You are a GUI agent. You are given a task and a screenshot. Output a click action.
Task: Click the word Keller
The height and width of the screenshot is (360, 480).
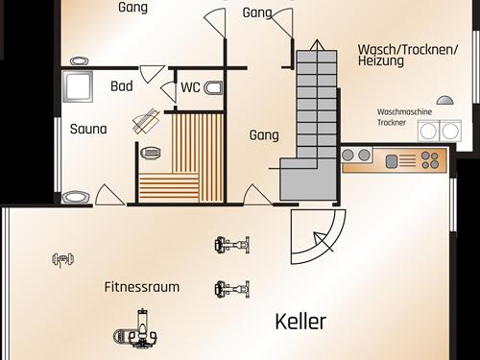[300, 322]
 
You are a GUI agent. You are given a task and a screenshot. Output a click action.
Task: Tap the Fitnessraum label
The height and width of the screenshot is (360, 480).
[142, 287]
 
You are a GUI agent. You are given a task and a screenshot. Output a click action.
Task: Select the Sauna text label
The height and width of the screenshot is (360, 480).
[88, 129]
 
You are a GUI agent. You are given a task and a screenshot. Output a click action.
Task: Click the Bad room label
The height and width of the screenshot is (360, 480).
[122, 86]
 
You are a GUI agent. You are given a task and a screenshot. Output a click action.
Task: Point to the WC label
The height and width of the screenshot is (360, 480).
[190, 87]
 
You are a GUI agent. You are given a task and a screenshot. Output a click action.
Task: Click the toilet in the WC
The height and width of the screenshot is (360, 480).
[214, 88]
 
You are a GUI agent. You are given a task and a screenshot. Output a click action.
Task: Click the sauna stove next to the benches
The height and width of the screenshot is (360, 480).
[151, 152]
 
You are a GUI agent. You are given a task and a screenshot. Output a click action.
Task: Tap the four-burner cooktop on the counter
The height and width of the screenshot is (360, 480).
[430, 159]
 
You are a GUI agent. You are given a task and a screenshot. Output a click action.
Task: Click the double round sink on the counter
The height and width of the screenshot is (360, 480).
[356, 155]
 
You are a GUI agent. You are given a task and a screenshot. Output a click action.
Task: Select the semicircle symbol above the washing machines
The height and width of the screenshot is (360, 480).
[444, 99]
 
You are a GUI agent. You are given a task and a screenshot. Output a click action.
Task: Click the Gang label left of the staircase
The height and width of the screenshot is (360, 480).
[264, 135]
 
